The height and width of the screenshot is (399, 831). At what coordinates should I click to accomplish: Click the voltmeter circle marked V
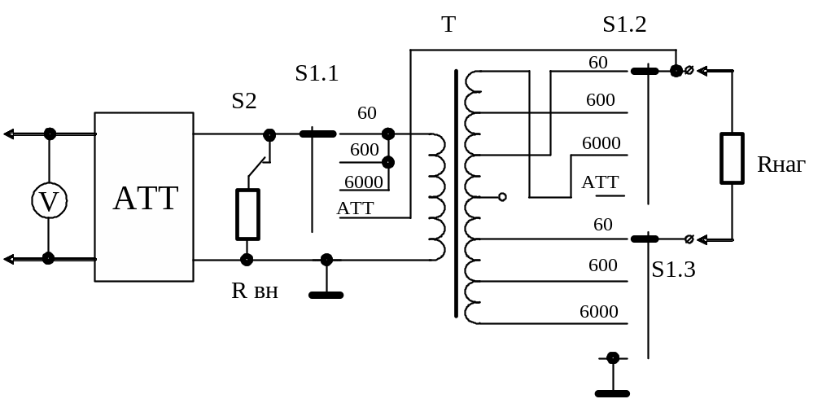pos(49,201)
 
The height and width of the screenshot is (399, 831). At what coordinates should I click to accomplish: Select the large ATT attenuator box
pos(144,197)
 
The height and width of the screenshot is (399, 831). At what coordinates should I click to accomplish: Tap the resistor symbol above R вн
pos(247,215)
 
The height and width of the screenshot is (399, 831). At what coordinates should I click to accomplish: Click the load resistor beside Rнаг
pos(732,158)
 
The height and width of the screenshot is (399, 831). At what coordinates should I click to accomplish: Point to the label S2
pos(243,101)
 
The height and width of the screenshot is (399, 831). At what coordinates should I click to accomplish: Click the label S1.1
pos(317,74)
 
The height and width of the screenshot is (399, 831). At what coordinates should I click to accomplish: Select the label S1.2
pos(624,24)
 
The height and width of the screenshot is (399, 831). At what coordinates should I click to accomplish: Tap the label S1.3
pos(673,270)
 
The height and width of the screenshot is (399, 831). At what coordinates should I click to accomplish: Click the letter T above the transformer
pos(448,25)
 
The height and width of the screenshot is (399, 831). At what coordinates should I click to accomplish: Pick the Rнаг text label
pos(781,165)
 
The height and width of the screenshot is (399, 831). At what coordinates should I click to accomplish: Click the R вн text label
pos(255,290)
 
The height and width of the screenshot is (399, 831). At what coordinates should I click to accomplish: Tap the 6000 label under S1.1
pos(364,181)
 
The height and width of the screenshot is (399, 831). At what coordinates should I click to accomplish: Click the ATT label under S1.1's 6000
pos(356,208)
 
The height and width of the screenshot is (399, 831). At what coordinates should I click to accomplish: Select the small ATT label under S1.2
pos(601,182)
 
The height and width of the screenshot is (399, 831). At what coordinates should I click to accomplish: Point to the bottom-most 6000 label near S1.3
pos(599,312)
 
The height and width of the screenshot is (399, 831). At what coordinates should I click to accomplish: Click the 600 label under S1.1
pos(365,150)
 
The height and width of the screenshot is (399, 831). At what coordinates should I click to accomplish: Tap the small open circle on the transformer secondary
pos(502,196)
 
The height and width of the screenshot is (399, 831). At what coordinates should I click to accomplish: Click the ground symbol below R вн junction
pos(326,294)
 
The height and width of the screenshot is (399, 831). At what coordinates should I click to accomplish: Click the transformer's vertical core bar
pos(457,193)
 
